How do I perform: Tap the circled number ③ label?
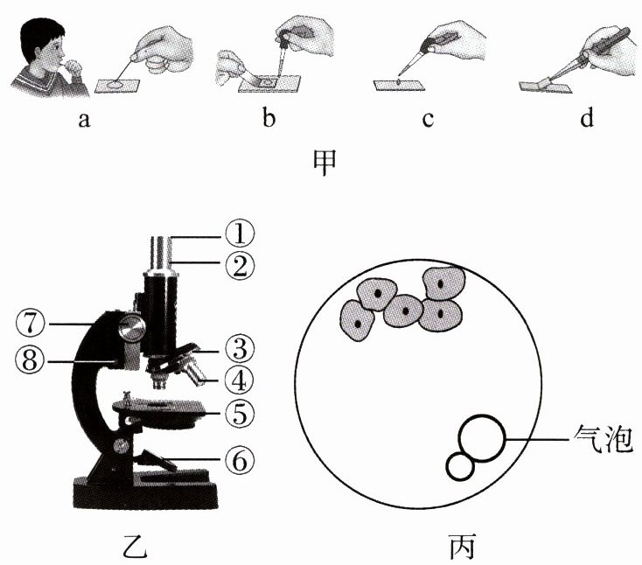click(x=237, y=349)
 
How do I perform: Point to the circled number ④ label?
click(x=237, y=380)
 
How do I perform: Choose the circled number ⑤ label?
click(x=237, y=411)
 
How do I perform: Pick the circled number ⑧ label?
click(x=29, y=359)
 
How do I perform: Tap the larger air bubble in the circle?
click(x=482, y=437)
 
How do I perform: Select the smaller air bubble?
click(x=460, y=466)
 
